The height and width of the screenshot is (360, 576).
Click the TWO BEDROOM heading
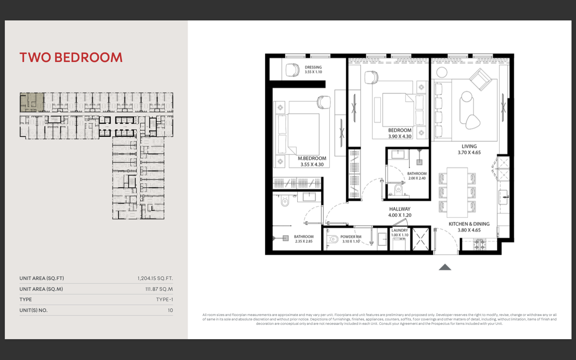[x=71, y=57]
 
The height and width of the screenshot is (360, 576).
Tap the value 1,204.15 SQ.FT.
[x=155, y=278]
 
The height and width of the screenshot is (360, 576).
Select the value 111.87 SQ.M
[x=159, y=289]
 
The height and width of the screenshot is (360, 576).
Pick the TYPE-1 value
[x=164, y=300]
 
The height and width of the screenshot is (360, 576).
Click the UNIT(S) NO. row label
[x=34, y=310]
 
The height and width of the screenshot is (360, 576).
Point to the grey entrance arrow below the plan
[x=445, y=267]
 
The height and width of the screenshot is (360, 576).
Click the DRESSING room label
[x=313, y=67]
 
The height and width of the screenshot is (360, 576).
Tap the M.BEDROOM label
[x=312, y=158]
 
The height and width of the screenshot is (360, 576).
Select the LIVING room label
[x=469, y=146]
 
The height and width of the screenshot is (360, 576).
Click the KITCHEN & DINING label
[x=469, y=224]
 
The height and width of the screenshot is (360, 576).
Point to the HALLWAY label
[x=400, y=209]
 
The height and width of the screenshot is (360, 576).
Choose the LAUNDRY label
[x=400, y=230]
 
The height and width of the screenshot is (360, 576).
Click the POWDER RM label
[x=351, y=237]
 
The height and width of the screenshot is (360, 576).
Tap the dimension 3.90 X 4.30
[x=400, y=136]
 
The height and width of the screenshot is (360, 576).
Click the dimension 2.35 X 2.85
[x=304, y=241]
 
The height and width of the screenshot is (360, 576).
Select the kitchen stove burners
[x=480, y=244]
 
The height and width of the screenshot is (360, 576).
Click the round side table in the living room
[x=442, y=72]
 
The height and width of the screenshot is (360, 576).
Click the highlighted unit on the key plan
[x=32, y=102]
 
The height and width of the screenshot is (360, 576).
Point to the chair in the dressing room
[x=293, y=70]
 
